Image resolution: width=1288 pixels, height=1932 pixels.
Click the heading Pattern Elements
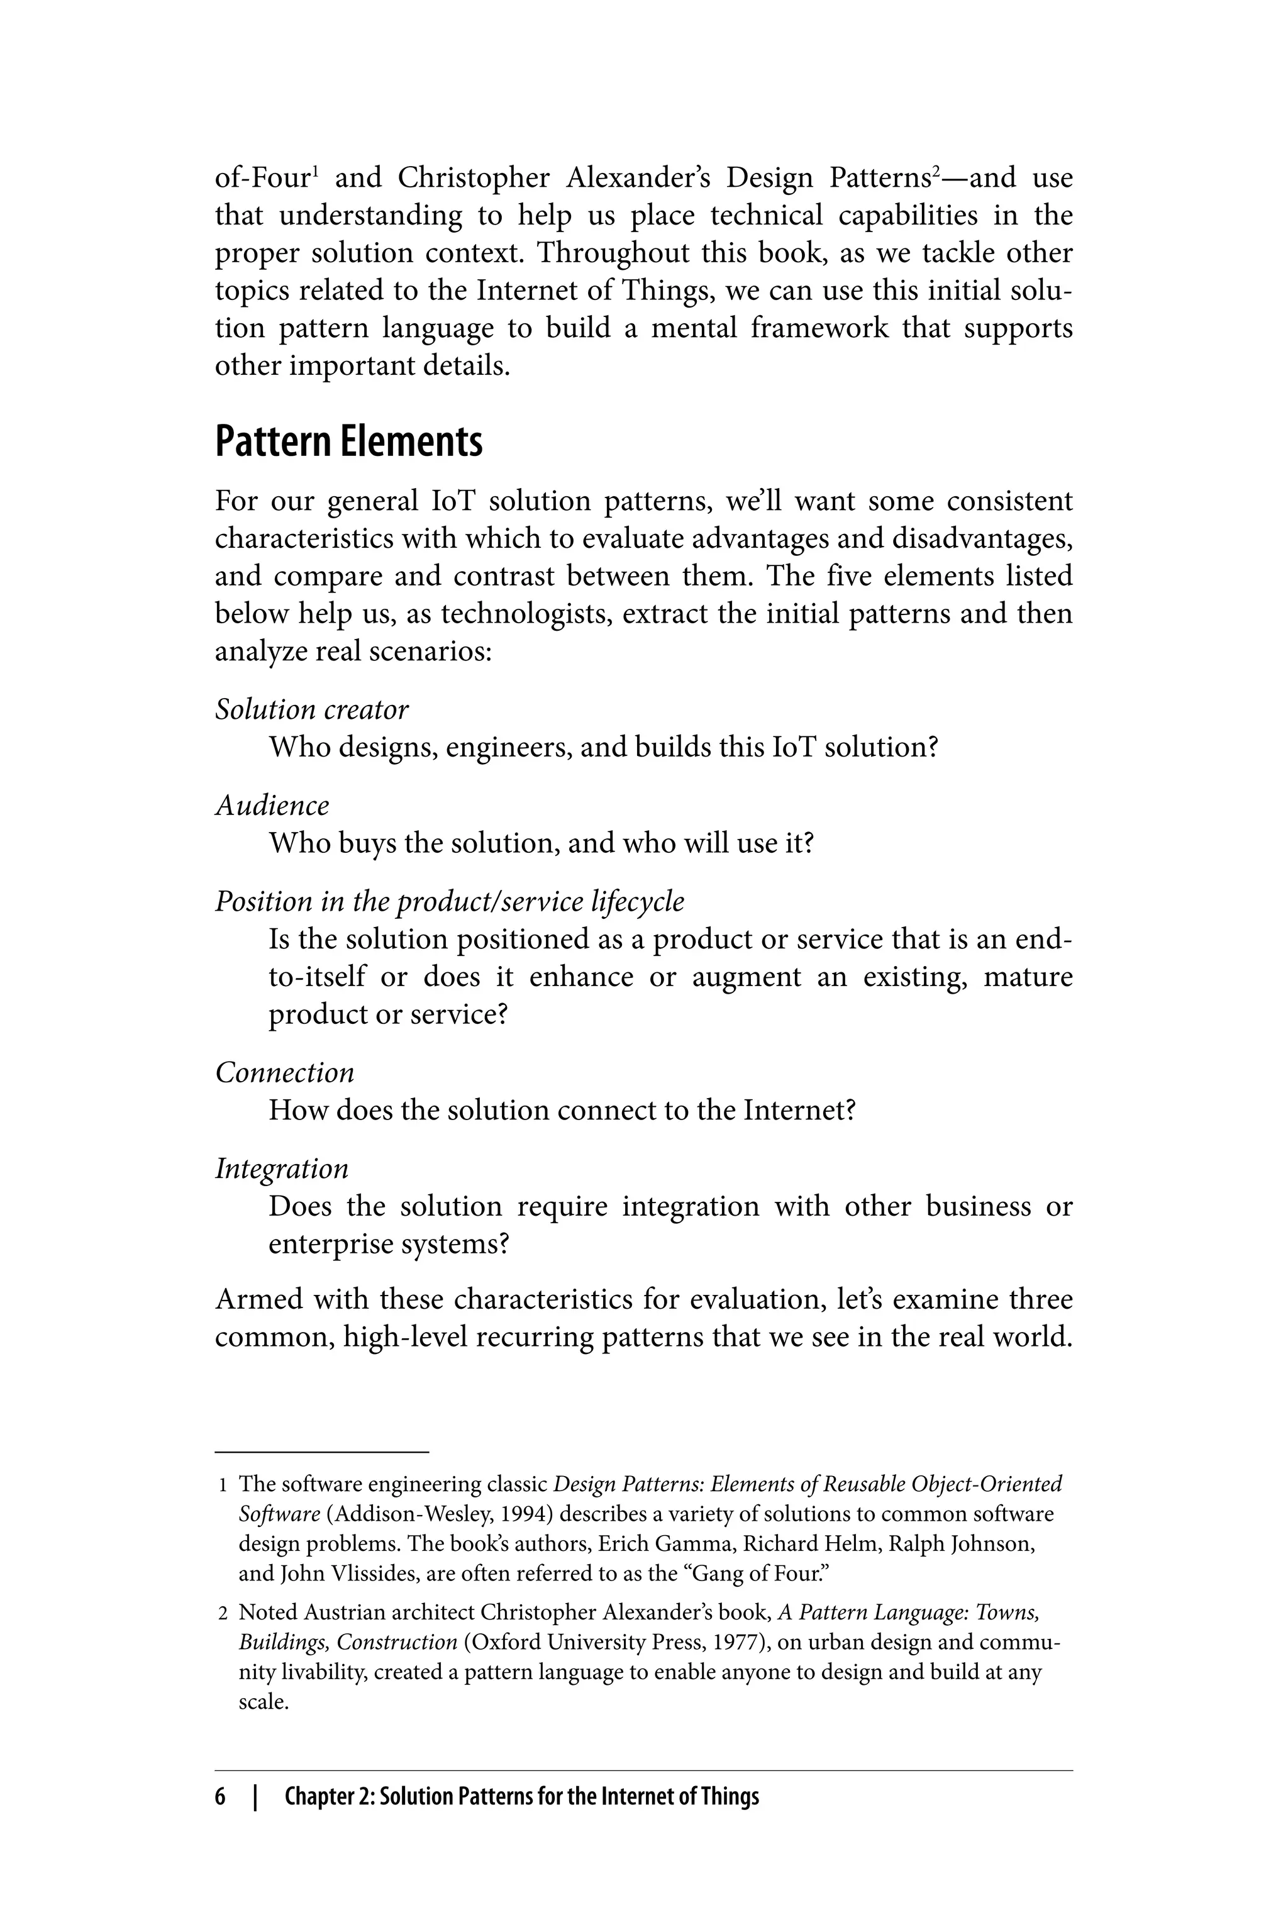(348, 442)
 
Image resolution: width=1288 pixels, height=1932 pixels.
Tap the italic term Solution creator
(311, 709)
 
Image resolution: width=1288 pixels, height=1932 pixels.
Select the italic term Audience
(272, 805)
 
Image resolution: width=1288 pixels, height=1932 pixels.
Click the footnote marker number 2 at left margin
(223, 1613)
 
